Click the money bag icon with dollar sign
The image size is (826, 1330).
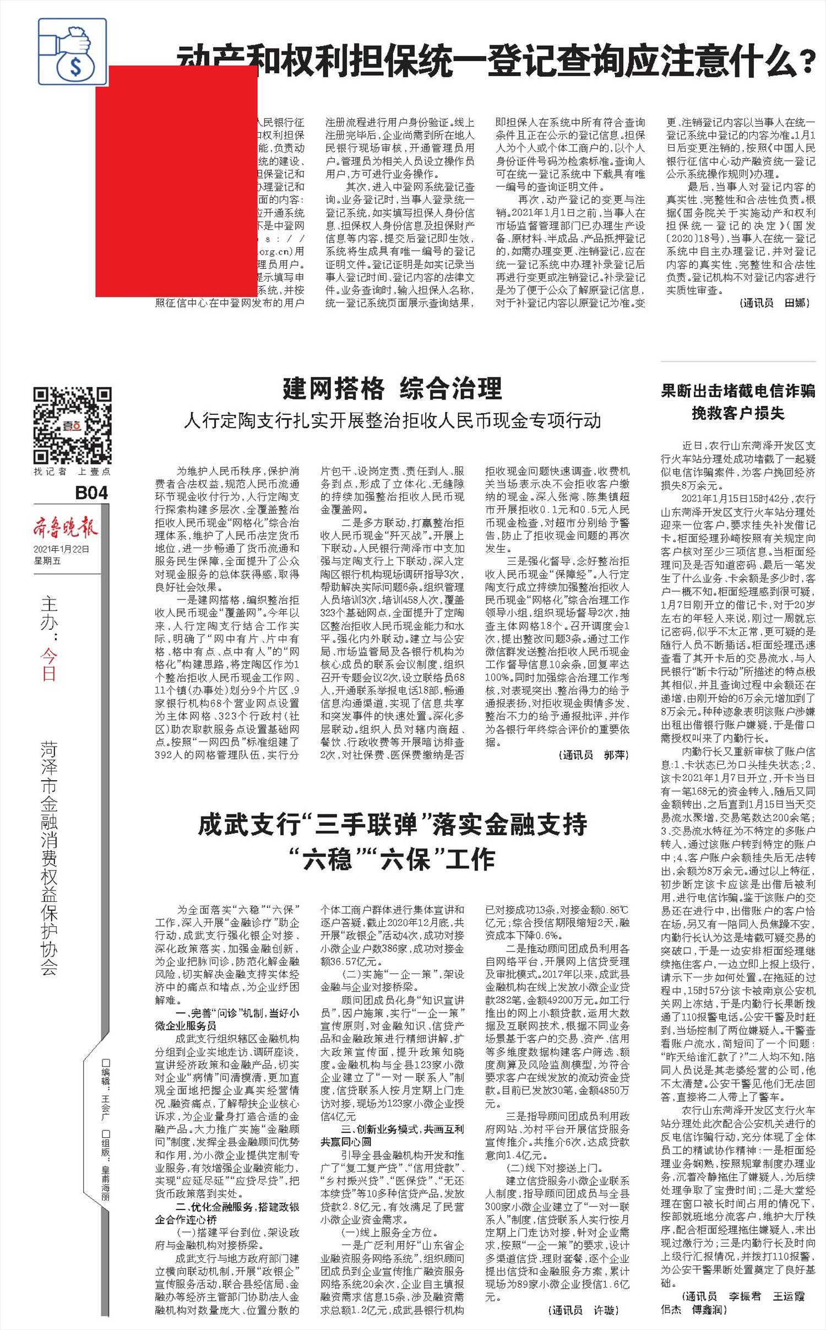[72, 51]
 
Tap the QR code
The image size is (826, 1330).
[72, 425]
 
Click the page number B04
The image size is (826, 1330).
[91, 492]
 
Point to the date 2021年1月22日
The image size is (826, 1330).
[61, 549]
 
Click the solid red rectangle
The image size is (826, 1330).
[176, 181]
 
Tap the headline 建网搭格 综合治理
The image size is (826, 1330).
[392, 388]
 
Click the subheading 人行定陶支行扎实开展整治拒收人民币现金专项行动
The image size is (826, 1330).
[392, 421]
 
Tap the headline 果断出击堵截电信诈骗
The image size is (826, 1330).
[738, 391]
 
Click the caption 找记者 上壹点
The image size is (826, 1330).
[72, 472]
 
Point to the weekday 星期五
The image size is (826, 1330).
[47, 561]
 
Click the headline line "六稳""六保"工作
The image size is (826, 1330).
[392, 858]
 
